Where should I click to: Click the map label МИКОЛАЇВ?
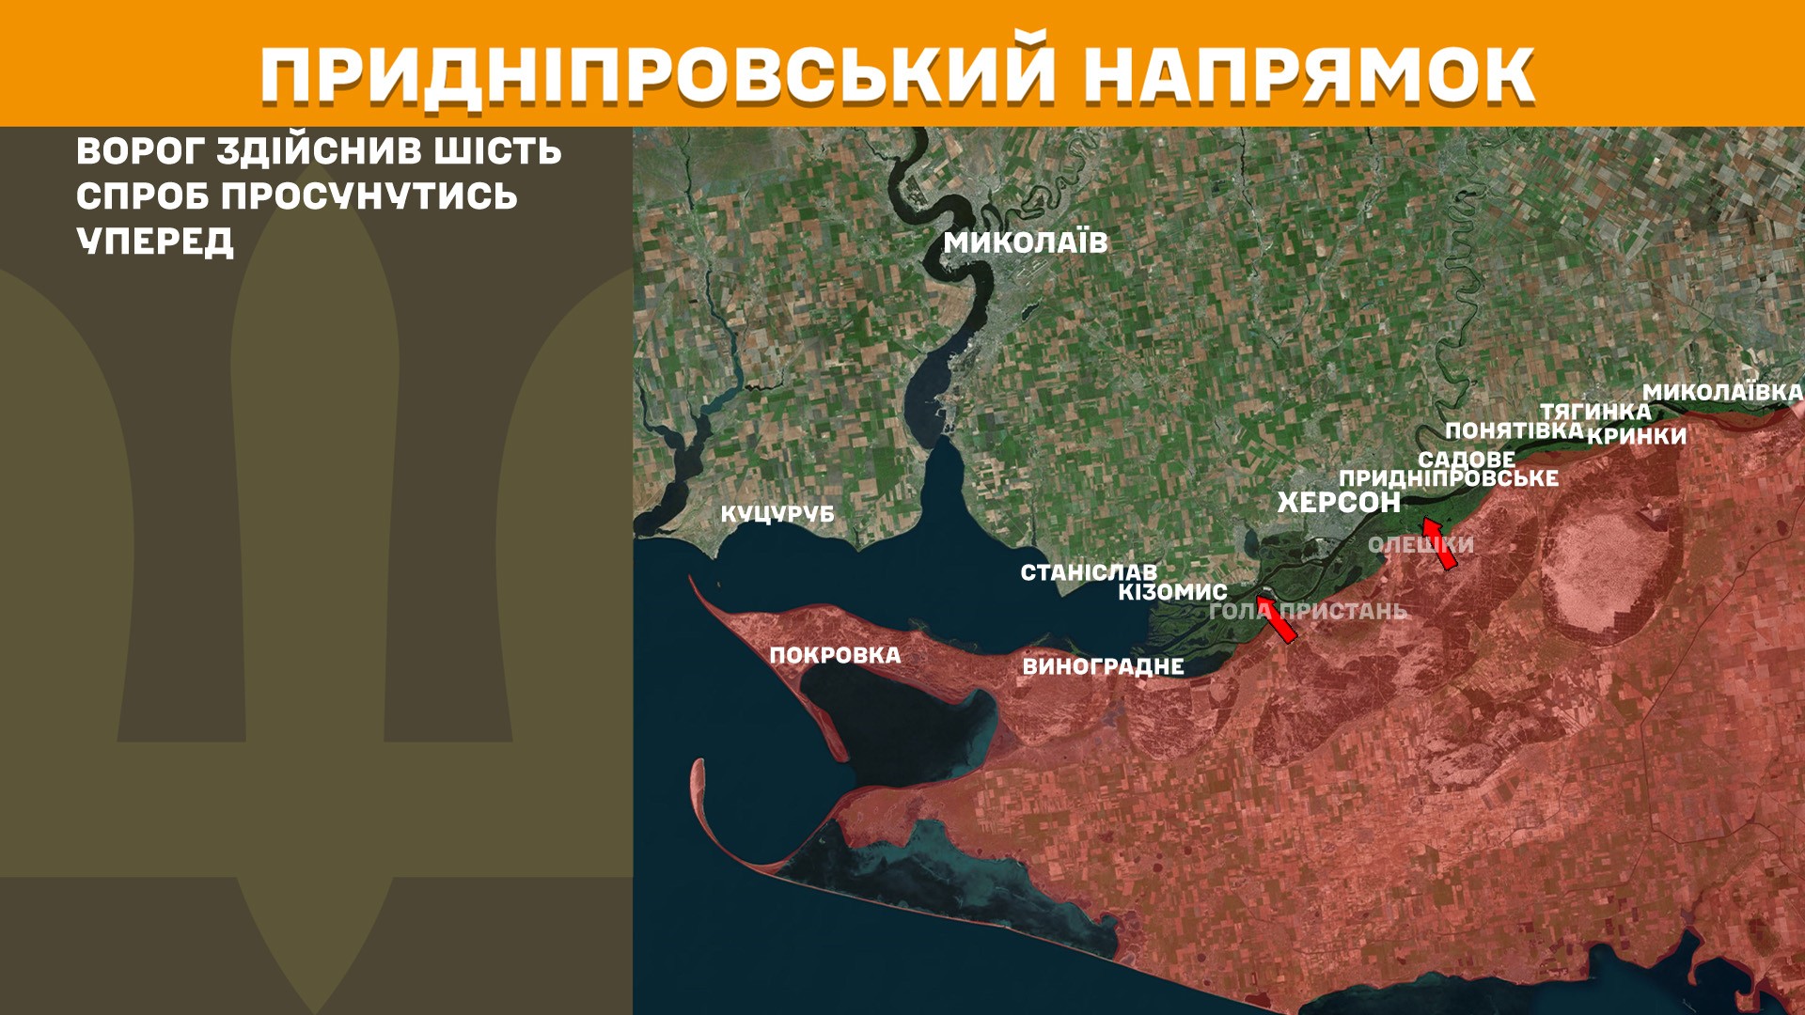coord(1026,242)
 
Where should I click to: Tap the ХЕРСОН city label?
coord(1339,503)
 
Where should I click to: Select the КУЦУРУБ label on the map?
coord(777,514)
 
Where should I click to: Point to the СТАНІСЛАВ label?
coord(1089,572)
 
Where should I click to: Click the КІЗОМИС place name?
coord(1172,592)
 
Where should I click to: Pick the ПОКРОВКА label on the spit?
coord(835,655)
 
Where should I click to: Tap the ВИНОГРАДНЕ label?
coord(1103,666)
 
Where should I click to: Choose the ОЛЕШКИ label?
coord(1420,545)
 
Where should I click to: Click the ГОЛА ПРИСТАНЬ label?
coord(1308,611)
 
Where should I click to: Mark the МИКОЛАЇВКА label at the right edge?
coord(1722,393)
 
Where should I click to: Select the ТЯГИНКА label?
coord(1595,412)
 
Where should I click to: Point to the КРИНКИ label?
coord(1637,436)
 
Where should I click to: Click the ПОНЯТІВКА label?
coord(1515,430)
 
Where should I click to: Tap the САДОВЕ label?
coord(1467,460)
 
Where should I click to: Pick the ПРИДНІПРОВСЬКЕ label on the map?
coord(1449,478)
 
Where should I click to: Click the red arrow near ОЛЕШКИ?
coord(1440,544)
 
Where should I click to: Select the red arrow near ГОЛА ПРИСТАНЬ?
coord(1277,618)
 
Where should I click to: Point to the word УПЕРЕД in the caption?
coord(155,242)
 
